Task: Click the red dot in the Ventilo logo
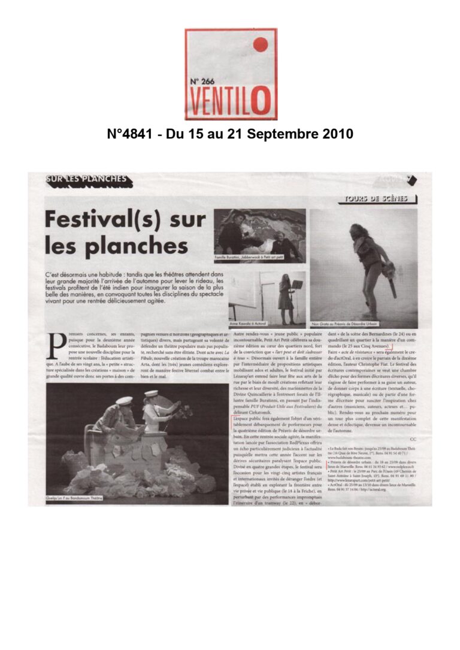click(x=260, y=44)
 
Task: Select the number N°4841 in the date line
click(x=130, y=134)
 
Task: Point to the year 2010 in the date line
click(x=337, y=134)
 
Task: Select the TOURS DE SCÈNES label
click(x=376, y=198)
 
